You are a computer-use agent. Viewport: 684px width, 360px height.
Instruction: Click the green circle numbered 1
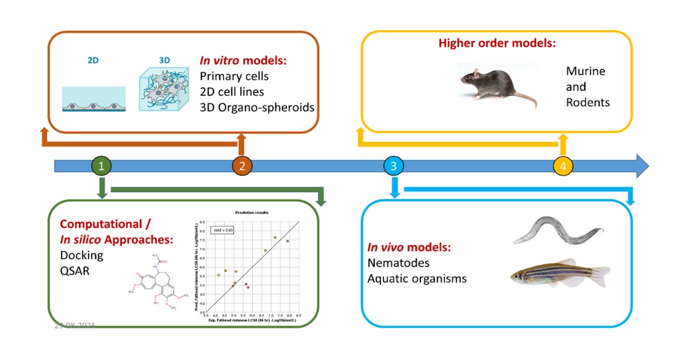pyautogui.click(x=103, y=166)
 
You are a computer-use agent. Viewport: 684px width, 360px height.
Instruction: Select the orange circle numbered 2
pyautogui.click(x=242, y=166)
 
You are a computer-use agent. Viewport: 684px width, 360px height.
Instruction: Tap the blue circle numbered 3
pyautogui.click(x=393, y=166)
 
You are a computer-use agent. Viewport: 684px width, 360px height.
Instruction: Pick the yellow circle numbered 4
pyautogui.click(x=563, y=166)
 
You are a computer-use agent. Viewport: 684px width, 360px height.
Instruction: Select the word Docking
pyautogui.click(x=81, y=255)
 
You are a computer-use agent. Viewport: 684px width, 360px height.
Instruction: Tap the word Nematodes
pyautogui.click(x=399, y=264)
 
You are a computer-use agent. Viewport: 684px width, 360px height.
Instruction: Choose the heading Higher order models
pyautogui.click(x=496, y=43)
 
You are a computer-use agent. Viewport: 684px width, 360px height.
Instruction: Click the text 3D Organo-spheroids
pyautogui.click(x=256, y=108)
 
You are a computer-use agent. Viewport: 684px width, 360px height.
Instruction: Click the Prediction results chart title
pyautogui.click(x=252, y=212)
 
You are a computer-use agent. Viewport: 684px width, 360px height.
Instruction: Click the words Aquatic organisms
pyautogui.click(x=417, y=279)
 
